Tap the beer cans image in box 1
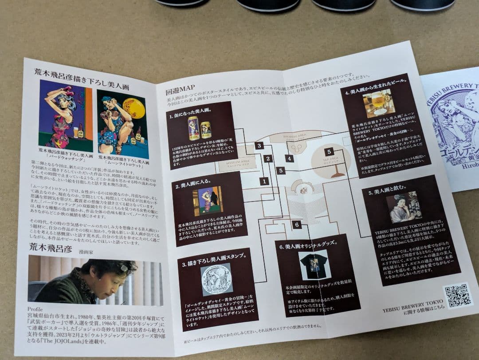pos(200,128)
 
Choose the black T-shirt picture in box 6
pos(314,265)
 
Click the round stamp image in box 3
pos(216,279)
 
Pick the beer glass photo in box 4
pos(378,103)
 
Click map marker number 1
pos(265,181)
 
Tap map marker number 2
pos(267,158)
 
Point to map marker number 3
pos(259,145)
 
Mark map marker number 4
pos(290,158)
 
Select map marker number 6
pos(297,225)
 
